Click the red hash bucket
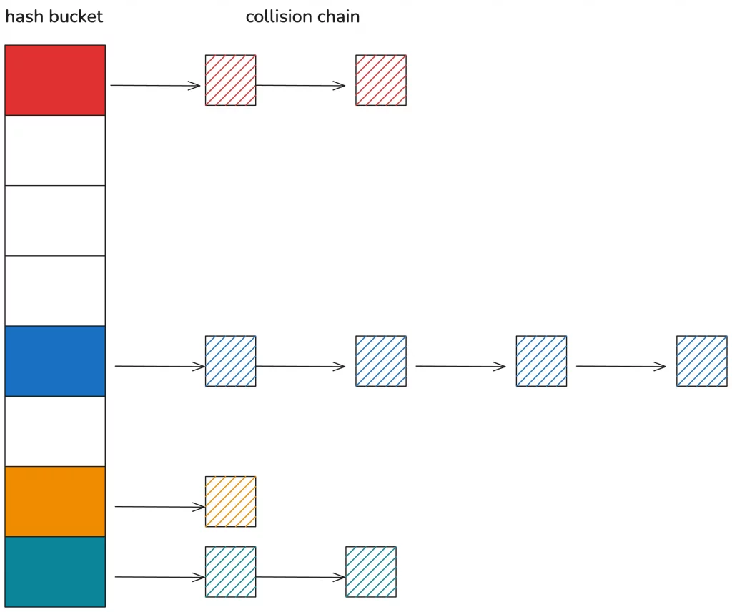click(55, 80)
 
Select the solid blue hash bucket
click(55, 361)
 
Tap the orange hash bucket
click(55, 501)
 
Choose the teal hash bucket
click(55, 571)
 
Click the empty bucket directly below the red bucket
click(55, 150)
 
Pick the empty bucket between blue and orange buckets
click(55, 431)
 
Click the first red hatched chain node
click(230, 80)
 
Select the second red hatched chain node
click(381, 80)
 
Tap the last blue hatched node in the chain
click(702, 361)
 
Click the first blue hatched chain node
click(230, 361)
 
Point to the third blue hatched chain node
click(541, 361)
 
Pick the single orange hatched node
click(230, 501)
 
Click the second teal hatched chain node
click(371, 571)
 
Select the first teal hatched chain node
click(230, 571)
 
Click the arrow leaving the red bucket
click(155, 86)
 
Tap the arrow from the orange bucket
click(159, 507)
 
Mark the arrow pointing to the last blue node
click(620, 367)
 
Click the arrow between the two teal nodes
click(300, 577)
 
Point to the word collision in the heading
click(278, 16)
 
